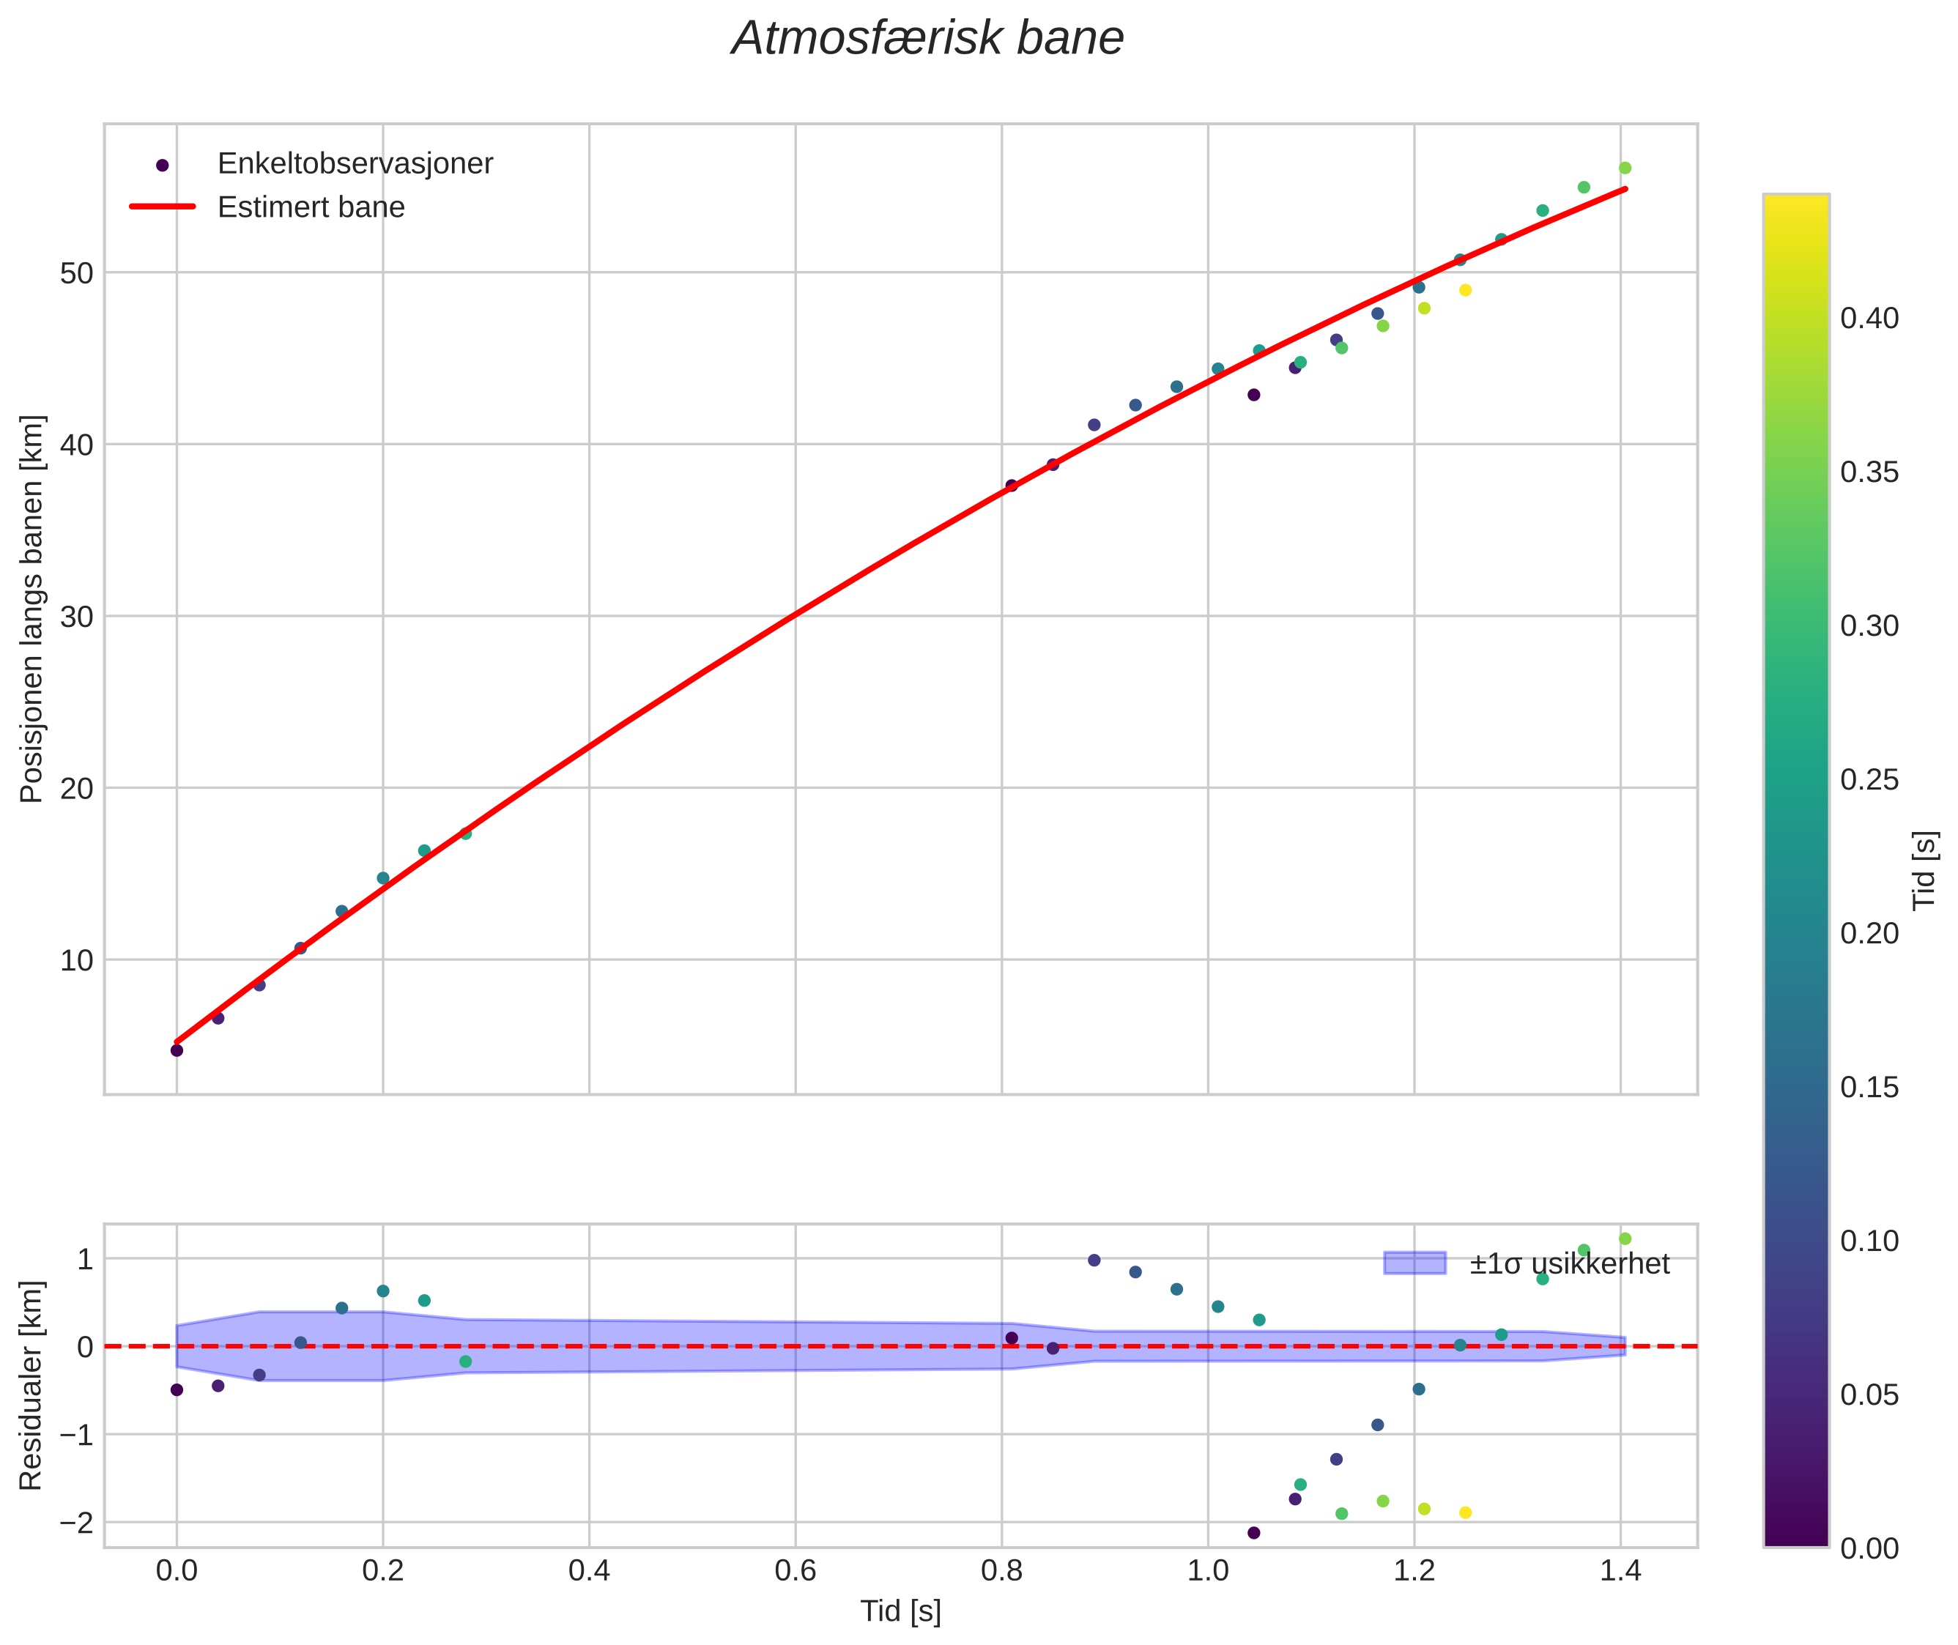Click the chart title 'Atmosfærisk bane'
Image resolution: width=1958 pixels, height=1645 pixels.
[927, 39]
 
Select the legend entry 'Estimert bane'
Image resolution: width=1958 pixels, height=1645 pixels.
[311, 207]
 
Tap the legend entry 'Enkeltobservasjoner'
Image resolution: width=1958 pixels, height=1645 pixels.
[355, 163]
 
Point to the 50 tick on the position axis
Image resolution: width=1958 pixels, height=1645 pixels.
[78, 273]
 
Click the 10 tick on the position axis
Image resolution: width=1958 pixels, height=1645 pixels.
[78, 959]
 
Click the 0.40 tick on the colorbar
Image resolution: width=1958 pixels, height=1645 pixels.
[1869, 318]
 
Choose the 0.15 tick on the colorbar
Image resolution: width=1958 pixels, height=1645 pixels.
[1869, 1088]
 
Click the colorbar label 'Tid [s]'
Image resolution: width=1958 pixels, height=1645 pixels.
[1925, 869]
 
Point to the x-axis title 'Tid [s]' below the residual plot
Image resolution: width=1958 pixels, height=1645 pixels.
[900, 1611]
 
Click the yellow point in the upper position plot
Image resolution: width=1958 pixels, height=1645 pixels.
[1464, 290]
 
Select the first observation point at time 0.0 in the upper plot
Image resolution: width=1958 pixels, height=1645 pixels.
[177, 1050]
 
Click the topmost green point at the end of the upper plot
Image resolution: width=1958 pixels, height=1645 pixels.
[1624, 168]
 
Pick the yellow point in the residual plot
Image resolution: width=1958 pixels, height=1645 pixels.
[1464, 1512]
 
